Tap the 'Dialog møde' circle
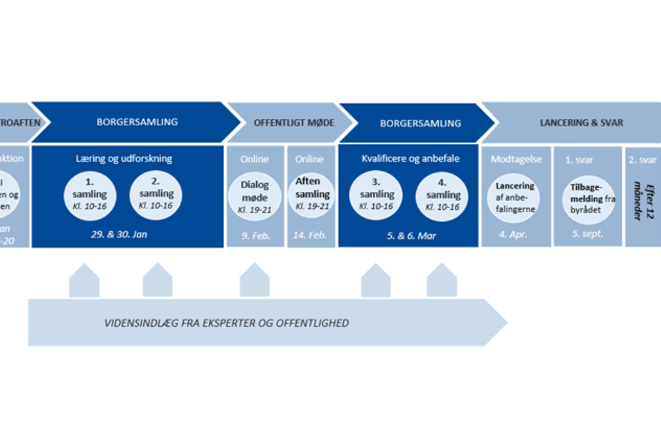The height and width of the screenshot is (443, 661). pos(255,195)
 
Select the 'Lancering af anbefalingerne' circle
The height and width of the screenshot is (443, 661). pos(515,197)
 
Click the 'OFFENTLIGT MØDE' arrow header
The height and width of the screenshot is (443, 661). pos(294,123)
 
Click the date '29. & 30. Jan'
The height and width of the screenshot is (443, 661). pos(119,234)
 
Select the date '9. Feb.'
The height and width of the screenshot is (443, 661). pos(255,236)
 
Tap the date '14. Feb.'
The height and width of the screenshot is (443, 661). pos(311,236)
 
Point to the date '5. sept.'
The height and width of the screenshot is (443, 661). pos(587,234)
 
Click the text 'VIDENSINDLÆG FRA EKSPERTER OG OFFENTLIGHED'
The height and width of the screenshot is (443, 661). pos(227,323)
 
